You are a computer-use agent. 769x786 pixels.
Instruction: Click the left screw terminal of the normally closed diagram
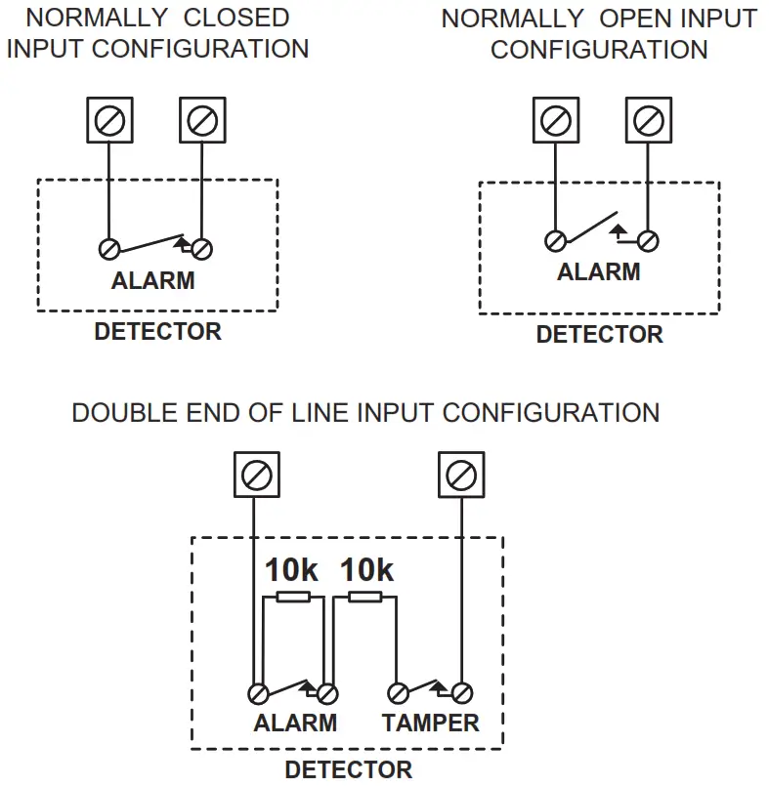tap(109, 120)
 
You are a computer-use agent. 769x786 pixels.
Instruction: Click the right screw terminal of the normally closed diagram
tap(202, 120)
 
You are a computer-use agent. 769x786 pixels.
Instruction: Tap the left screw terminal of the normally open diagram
tap(556, 120)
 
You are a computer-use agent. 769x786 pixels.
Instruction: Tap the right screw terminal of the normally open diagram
tap(649, 120)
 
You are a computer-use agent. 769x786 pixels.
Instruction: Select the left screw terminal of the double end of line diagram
tap(257, 475)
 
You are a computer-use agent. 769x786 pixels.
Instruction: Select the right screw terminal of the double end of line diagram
tap(461, 475)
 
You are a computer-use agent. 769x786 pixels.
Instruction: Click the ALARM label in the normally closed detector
tap(153, 281)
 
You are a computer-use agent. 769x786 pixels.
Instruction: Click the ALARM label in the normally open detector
tap(599, 272)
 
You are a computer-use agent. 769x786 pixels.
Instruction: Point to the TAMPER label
tap(431, 723)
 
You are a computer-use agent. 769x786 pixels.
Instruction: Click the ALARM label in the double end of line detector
tap(295, 723)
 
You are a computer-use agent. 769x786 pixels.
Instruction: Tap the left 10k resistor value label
tap(291, 570)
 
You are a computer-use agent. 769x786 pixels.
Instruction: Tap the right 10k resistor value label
tap(367, 570)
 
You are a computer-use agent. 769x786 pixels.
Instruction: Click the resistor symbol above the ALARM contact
tap(293, 597)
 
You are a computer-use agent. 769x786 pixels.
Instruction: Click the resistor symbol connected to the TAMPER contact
tap(365, 597)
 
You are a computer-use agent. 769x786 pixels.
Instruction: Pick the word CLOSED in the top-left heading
tap(236, 18)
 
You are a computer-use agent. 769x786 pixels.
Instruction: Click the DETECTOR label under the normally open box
tap(599, 334)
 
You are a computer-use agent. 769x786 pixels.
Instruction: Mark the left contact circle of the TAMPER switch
tap(399, 694)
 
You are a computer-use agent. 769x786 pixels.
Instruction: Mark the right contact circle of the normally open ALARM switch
tap(648, 241)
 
